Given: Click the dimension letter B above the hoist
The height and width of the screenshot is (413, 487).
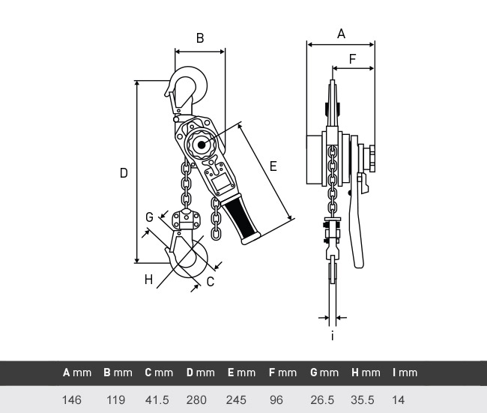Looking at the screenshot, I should [199, 37].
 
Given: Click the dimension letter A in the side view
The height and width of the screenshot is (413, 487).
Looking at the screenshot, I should [341, 33].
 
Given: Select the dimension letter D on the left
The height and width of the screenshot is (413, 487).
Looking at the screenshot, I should [124, 172].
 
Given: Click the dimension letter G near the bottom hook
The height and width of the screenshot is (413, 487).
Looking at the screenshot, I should [149, 217].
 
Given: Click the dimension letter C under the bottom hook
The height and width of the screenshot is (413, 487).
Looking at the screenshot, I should [211, 281].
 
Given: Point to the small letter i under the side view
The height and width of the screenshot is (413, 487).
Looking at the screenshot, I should [332, 335].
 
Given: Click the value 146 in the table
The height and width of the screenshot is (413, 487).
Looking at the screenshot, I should [72, 400].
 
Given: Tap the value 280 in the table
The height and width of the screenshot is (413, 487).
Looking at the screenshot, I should [196, 400].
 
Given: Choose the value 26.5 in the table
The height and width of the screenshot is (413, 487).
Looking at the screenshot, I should [322, 400].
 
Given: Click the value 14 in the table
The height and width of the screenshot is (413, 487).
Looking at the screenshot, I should [398, 400].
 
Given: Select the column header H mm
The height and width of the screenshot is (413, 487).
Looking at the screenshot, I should [365, 373].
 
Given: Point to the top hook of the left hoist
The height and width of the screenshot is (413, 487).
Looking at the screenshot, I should [189, 87].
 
